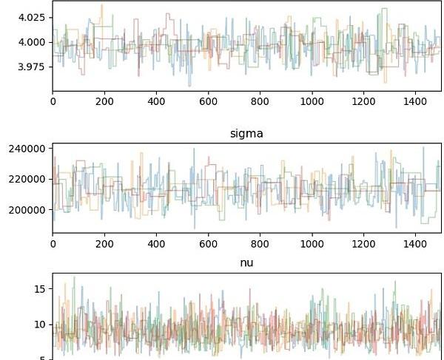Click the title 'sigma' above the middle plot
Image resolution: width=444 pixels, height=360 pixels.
246,133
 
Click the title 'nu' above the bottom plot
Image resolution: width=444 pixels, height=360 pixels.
246,262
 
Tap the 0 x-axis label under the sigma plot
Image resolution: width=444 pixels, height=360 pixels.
53,242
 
